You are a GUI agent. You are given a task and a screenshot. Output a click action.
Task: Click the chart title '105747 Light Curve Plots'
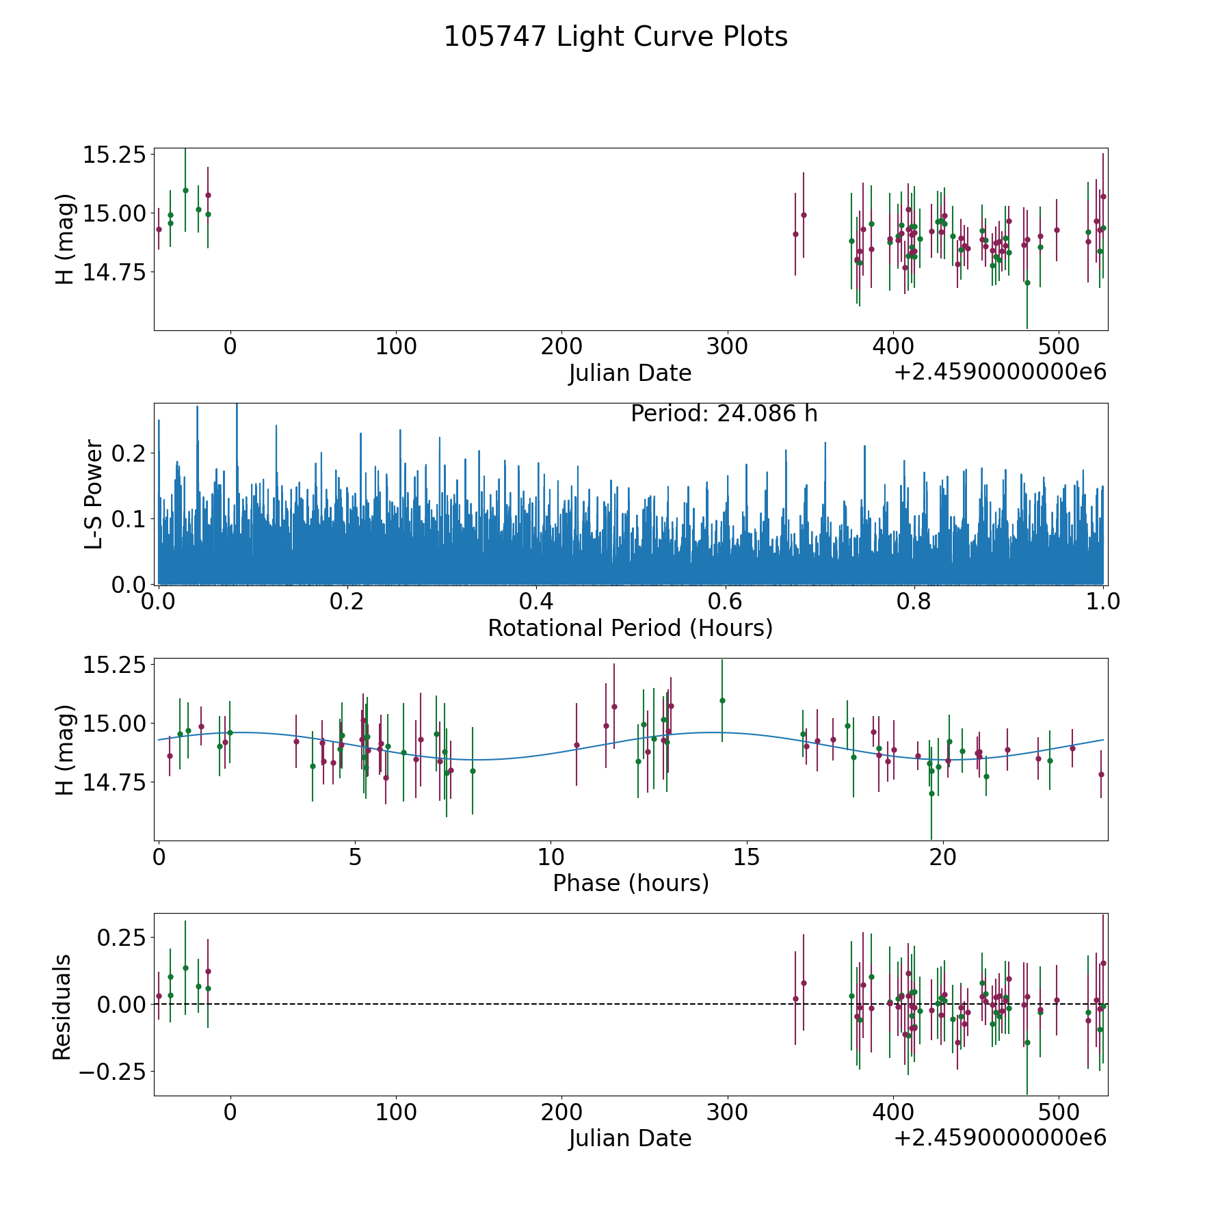(615, 37)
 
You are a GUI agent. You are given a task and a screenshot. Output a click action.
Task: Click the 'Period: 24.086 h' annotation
(724, 414)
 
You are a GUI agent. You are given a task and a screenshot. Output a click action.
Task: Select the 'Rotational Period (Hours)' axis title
(630, 628)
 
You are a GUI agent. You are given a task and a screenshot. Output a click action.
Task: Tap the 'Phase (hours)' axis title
(630, 883)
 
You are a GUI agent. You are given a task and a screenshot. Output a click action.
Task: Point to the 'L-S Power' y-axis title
(94, 494)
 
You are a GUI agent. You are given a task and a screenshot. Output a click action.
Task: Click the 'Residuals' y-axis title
(62, 1007)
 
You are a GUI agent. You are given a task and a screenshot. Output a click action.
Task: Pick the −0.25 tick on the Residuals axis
(112, 1071)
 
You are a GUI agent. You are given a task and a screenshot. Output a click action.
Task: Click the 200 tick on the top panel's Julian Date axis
(561, 346)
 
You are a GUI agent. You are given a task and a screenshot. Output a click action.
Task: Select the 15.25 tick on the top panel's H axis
(114, 155)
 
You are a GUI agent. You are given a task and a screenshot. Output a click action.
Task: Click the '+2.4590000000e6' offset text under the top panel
(1000, 372)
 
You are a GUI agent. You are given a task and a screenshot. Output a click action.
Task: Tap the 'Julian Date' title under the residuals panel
(630, 1138)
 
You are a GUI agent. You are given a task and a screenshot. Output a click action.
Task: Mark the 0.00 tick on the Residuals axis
(122, 1004)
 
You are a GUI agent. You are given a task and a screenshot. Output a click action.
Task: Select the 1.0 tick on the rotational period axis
(1103, 602)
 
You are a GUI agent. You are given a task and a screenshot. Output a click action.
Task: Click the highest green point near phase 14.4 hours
(722, 700)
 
